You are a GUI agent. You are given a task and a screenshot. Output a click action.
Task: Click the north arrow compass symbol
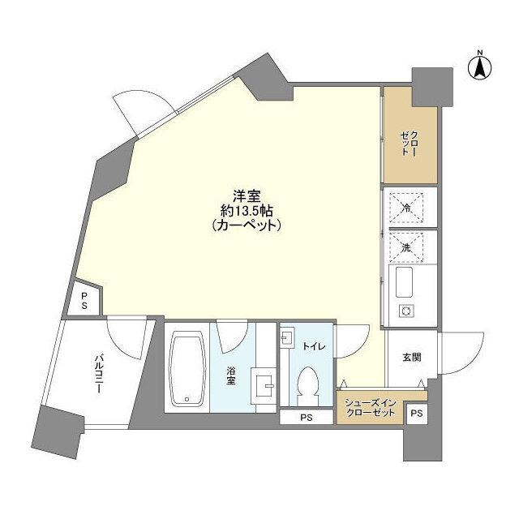pyautogui.click(x=479, y=66)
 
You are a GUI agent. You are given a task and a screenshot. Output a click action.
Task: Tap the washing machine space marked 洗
pyautogui.click(x=409, y=247)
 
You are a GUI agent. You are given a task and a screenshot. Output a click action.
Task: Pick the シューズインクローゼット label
pyautogui.click(x=370, y=408)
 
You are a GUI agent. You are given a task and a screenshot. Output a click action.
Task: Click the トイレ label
pyautogui.click(x=314, y=346)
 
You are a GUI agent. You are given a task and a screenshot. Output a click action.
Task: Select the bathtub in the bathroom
pyautogui.click(x=188, y=371)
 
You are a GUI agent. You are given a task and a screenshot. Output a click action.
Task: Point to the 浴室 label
pyautogui.click(x=232, y=375)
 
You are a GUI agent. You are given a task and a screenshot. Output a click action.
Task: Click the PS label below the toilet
pyautogui.click(x=306, y=418)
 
